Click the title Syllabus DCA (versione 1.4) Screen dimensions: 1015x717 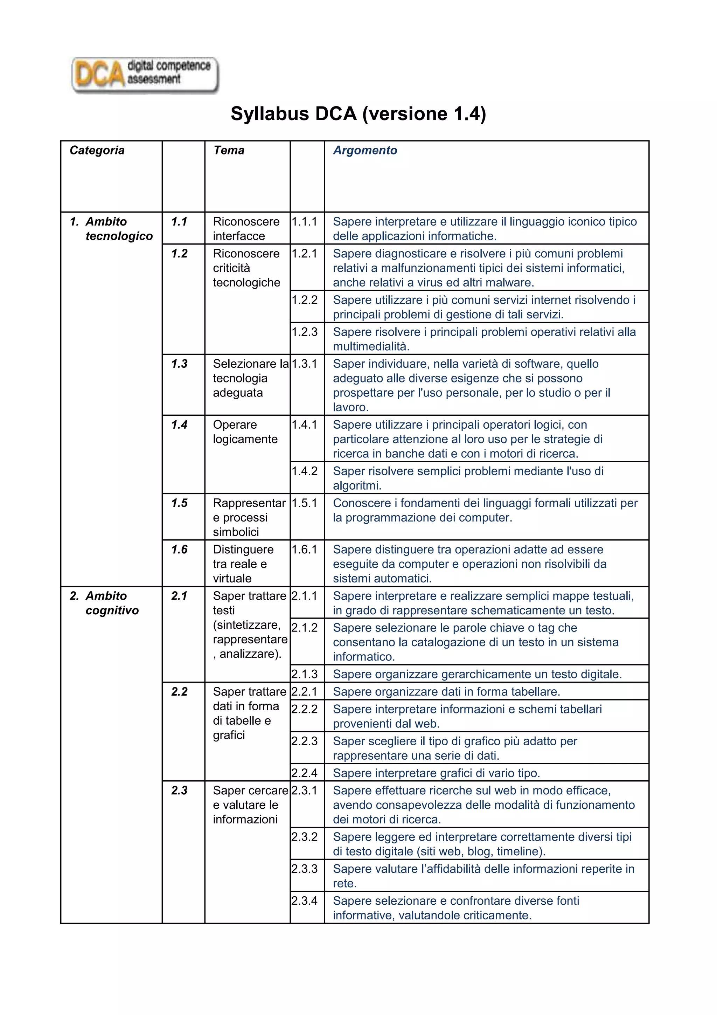pos(358,113)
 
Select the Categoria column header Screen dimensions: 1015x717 pos(97,150)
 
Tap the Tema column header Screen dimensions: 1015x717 pos(229,150)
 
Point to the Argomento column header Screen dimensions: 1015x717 pos(365,150)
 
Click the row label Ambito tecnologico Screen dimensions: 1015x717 pos(111,229)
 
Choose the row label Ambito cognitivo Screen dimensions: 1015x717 pos(105,603)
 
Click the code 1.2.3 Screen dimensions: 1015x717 pos(305,332)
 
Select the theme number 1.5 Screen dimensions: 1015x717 pos(179,503)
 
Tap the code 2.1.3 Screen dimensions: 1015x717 pos(305,674)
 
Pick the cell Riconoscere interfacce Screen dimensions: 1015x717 pos(246,229)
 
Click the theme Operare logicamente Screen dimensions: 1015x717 pos(245,432)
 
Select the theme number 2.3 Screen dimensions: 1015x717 pos(179,790)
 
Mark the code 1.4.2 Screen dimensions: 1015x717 pos(305,471)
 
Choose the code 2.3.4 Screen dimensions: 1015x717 pos(305,900)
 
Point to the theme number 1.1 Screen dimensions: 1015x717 pos(179,221)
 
